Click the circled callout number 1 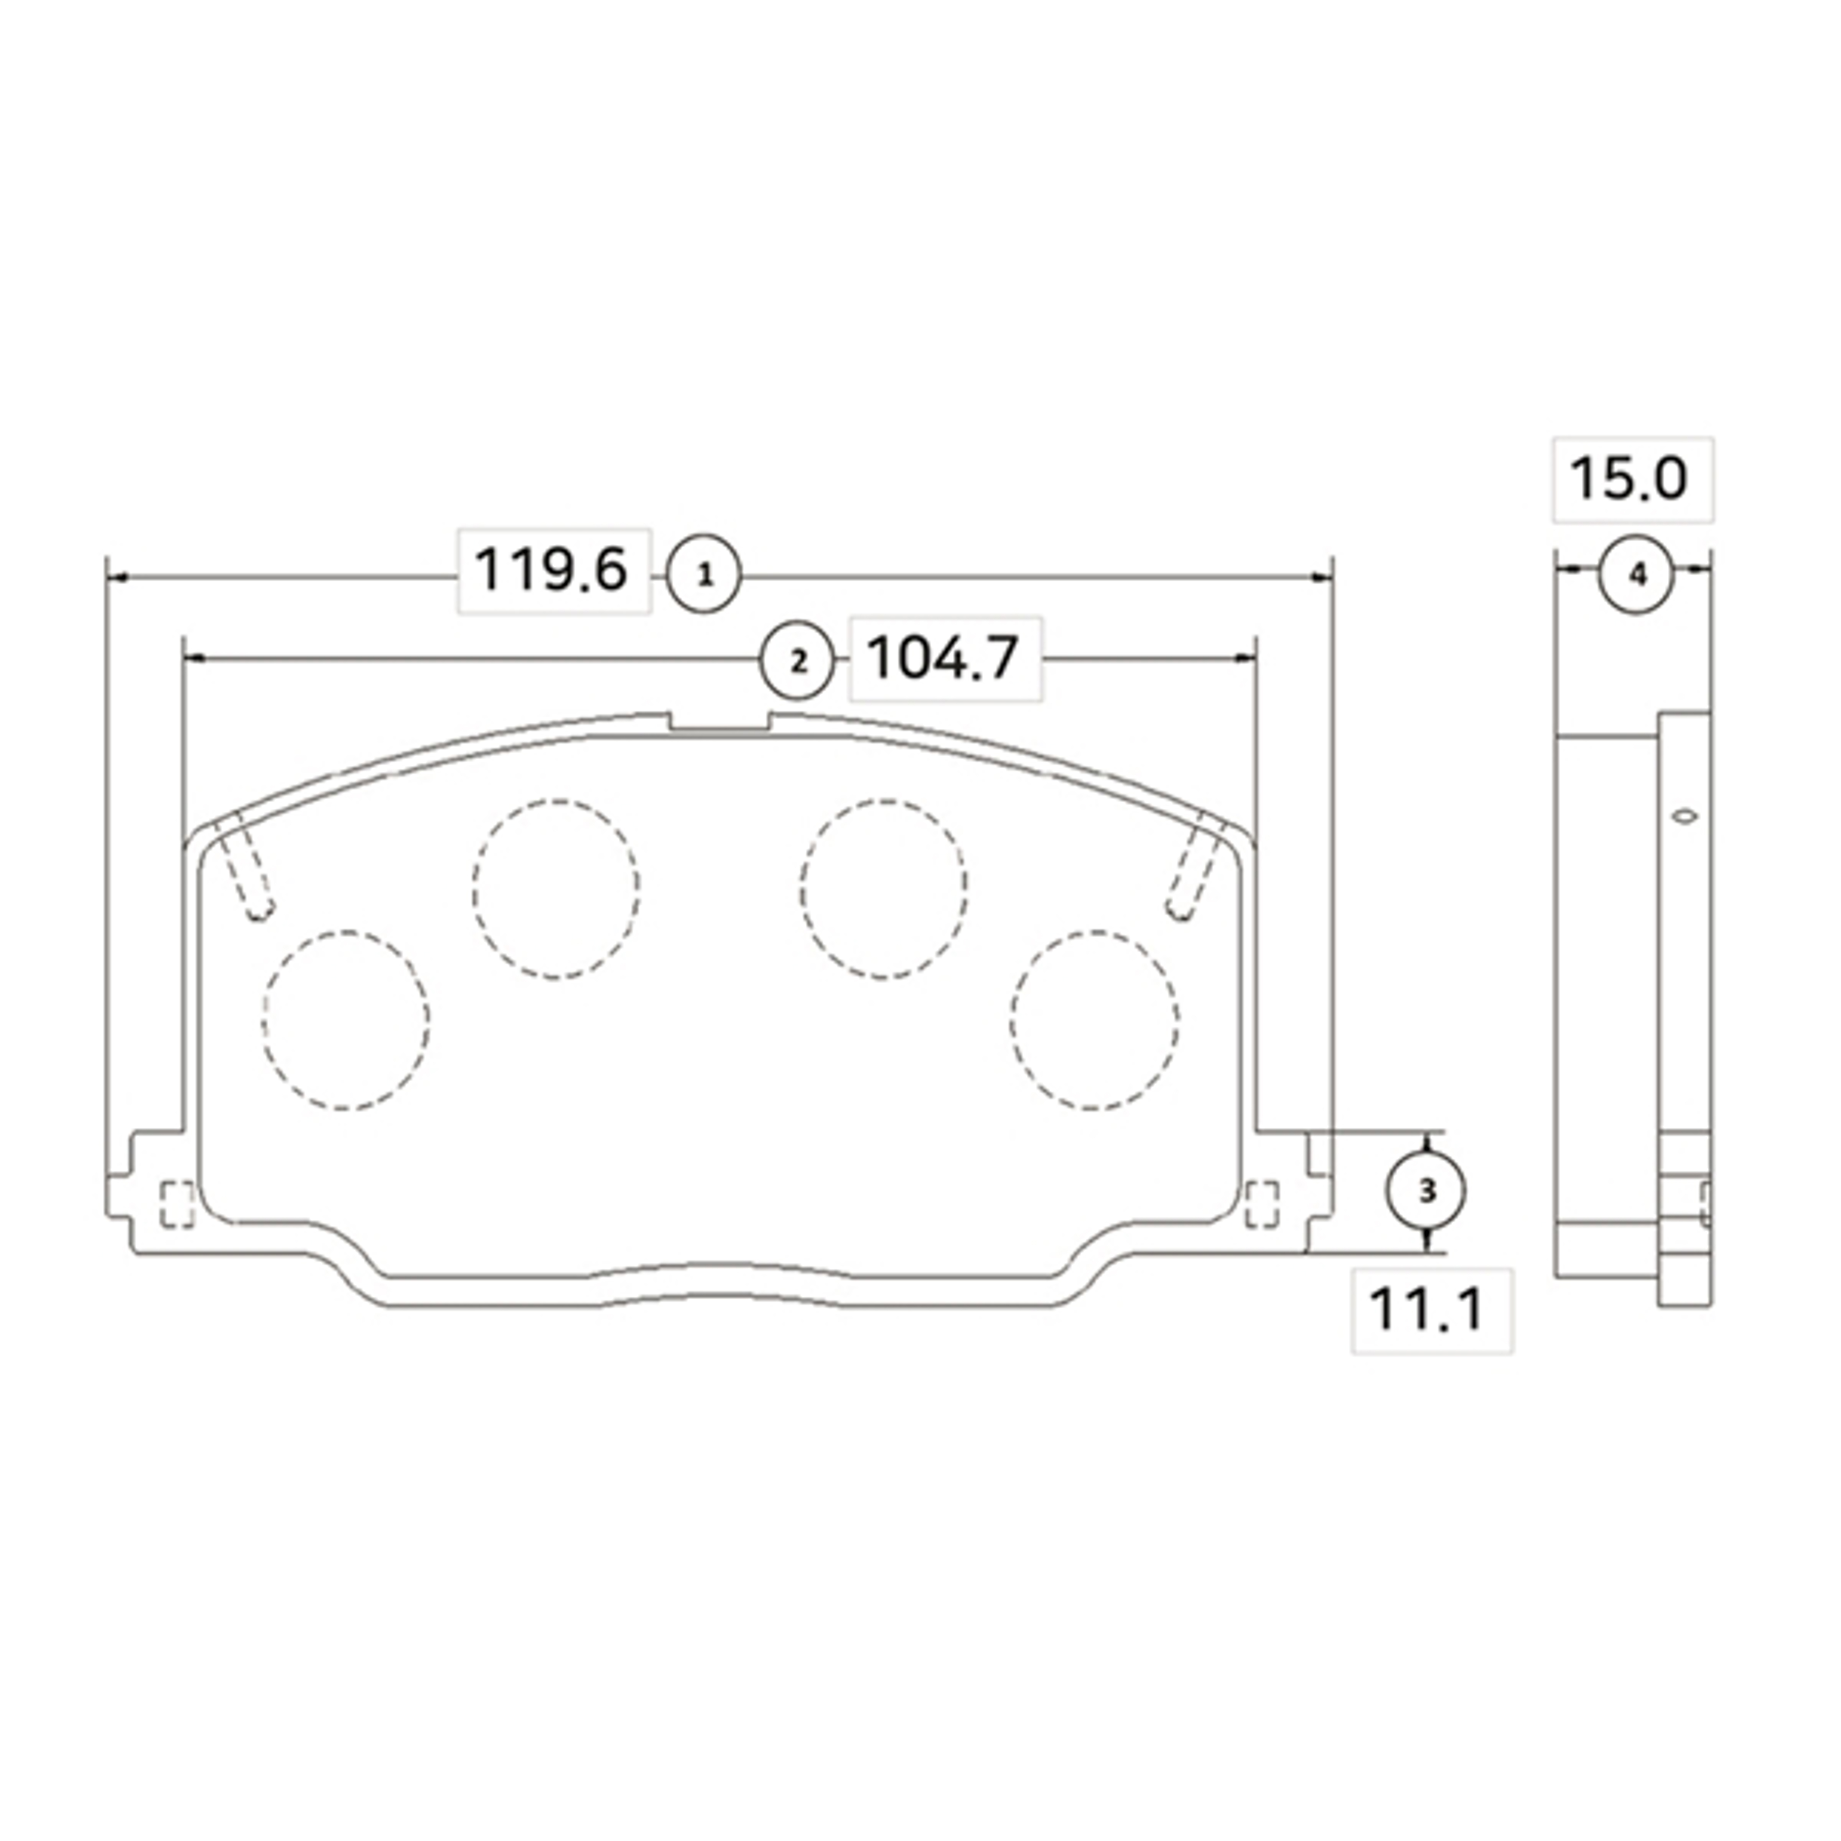[x=703, y=575]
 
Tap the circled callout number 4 [x=1636, y=575]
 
